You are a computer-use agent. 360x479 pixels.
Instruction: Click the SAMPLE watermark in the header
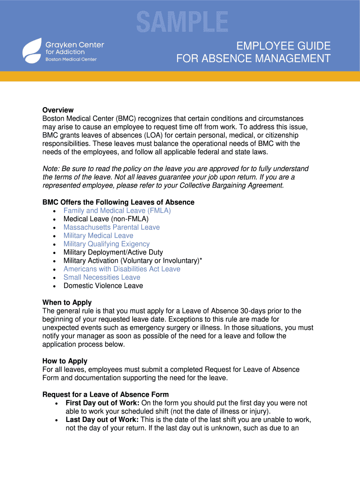182,22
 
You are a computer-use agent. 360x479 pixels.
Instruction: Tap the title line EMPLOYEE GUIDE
283,46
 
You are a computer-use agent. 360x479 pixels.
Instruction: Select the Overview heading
58,110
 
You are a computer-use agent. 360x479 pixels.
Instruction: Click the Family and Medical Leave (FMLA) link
117,210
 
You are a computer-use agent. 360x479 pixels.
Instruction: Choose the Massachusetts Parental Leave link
111,227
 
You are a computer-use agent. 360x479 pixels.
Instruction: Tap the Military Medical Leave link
98,236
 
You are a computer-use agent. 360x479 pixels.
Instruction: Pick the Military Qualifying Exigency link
107,244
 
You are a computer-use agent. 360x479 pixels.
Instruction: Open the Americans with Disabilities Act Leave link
122,269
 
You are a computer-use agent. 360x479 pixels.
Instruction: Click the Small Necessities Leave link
101,277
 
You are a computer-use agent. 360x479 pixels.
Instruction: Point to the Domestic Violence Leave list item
103,286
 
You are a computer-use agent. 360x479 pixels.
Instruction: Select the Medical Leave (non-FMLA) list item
106,219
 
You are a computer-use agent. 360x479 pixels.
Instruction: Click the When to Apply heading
67,303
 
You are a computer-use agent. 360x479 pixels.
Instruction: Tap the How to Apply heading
65,361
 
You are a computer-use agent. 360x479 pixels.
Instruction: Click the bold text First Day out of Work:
102,403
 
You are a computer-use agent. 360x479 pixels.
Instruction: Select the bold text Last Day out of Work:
102,420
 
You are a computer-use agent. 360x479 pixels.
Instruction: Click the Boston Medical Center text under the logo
71,59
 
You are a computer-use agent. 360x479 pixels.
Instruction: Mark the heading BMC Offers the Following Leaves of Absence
118,203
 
